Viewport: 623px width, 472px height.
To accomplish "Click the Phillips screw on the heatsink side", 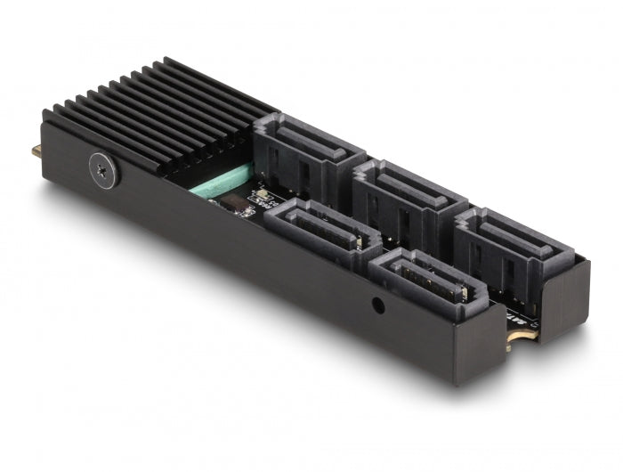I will [104, 169].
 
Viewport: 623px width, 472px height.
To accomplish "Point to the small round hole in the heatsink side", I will [378, 306].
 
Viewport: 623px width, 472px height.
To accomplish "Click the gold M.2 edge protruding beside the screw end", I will [36, 151].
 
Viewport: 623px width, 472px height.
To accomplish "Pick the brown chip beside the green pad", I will [237, 204].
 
